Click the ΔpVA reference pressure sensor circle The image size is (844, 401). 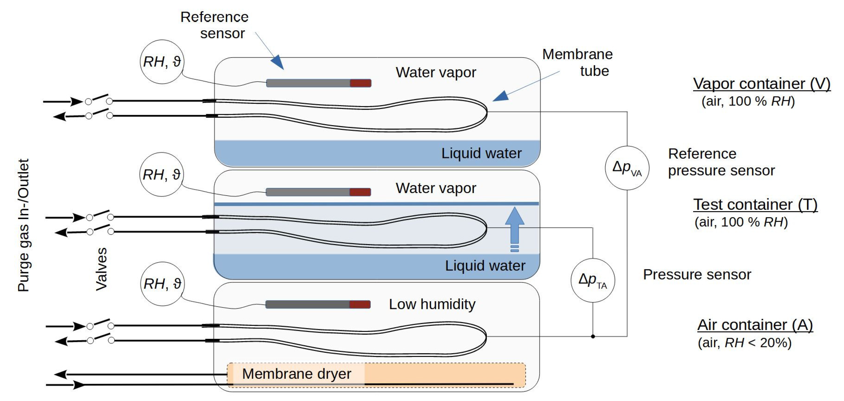click(x=627, y=168)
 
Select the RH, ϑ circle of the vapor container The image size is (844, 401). click(x=162, y=62)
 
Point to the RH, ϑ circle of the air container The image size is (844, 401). click(x=162, y=284)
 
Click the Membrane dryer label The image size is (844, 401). click(x=296, y=374)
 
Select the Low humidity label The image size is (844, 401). click(x=432, y=304)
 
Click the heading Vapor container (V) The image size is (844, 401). click(x=761, y=84)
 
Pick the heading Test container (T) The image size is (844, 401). click(x=755, y=205)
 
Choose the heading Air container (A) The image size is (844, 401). click(x=755, y=325)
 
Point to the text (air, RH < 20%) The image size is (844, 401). click(x=744, y=343)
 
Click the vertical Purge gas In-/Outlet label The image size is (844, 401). click(x=23, y=226)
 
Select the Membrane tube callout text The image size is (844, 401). click(x=577, y=62)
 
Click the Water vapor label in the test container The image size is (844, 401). click(x=436, y=188)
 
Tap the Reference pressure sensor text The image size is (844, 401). click(x=721, y=162)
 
